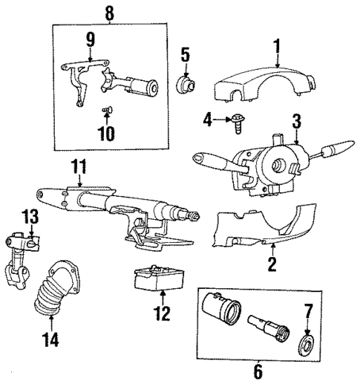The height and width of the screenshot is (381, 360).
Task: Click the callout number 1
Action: click(277, 48)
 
